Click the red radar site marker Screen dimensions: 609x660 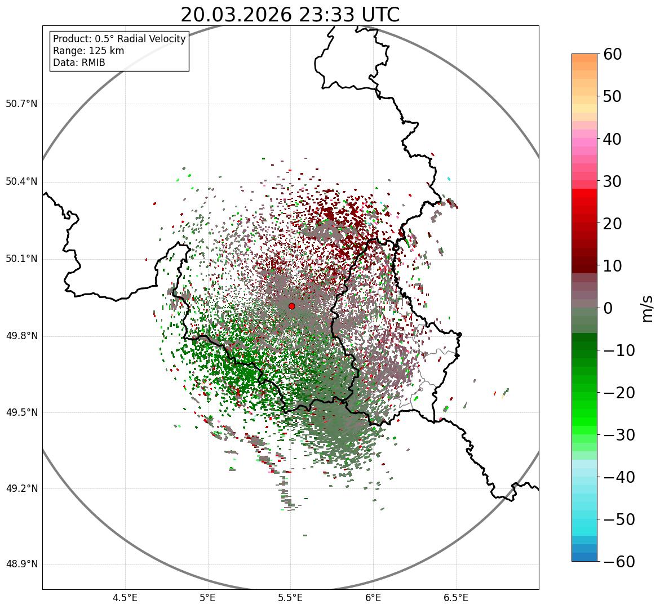point(292,306)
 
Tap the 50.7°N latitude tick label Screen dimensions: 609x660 point(21,104)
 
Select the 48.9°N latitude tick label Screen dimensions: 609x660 point(21,564)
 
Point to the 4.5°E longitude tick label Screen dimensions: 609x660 point(125,597)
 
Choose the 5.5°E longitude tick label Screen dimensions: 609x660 point(290,597)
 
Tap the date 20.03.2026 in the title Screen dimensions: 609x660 point(236,15)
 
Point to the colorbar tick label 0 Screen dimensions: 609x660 point(608,308)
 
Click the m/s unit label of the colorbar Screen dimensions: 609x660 point(647,308)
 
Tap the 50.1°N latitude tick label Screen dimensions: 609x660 point(21,259)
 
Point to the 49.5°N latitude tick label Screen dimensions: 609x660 point(21,412)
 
